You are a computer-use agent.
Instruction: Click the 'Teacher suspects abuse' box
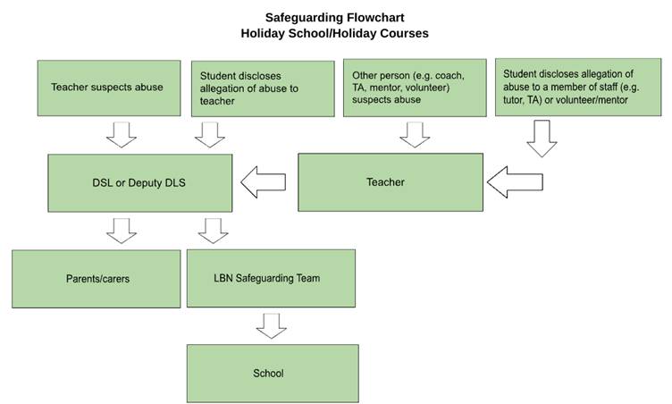pyautogui.click(x=109, y=88)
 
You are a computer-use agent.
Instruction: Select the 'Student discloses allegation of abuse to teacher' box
pyautogui.click(x=263, y=88)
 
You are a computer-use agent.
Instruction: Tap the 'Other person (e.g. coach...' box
pyautogui.click(x=415, y=88)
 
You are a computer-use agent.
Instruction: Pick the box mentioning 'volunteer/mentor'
pyautogui.click(x=578, y=87)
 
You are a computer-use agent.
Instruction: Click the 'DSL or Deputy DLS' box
pyautogui.click(x=140, y=183)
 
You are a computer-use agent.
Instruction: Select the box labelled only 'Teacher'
pyautogui.click(x=391, y=182)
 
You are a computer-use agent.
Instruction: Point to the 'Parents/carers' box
pyautogui.click(x=97, y=279)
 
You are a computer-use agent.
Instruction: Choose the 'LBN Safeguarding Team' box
pyautogui.click(x=272, y=278)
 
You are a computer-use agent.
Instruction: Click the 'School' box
pyautogui.click(x=273, y=374)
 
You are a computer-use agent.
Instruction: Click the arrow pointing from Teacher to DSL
pyautogui.click(x=263, y=182)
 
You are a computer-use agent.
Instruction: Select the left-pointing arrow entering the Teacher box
pyautogui.click(x=515, y=182)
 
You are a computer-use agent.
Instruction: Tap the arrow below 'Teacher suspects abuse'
pyautogui.click(x=122, y=135)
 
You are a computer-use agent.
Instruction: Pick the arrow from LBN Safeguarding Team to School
pyautogui.click(x=272, y=326)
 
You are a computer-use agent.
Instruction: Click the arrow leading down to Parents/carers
pyautogui.click(x=122, y=231)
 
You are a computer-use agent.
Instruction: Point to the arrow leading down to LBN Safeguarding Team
pyautogui.click(x=213, y=231)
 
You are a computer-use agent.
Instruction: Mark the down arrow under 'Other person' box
pyautogui.click(x=415, y=135)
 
